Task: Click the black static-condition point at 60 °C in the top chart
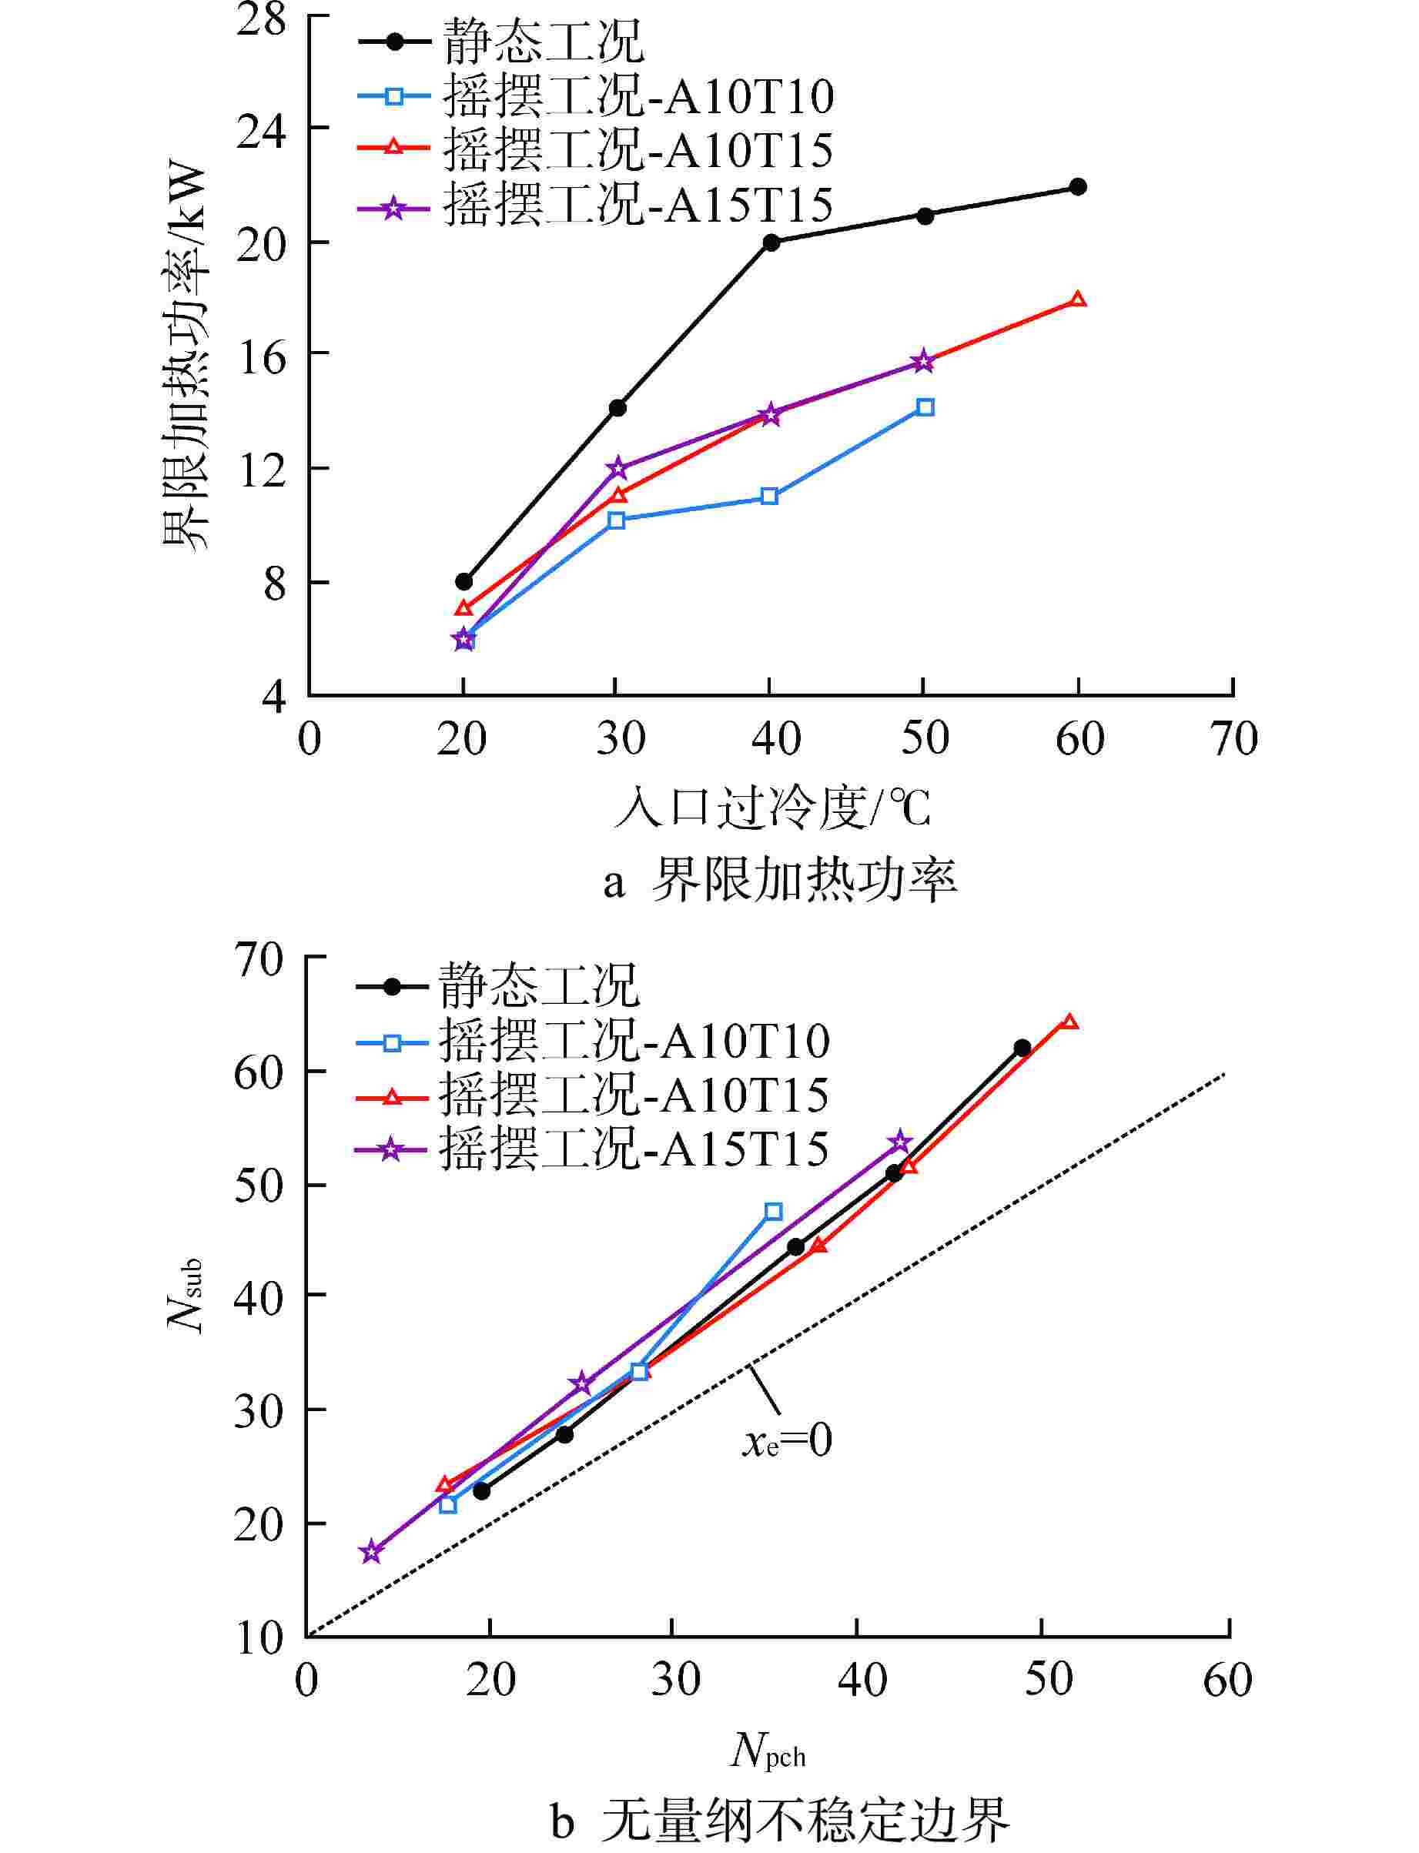[x=1078, y=186]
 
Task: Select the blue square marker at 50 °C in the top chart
[x=925, y=407]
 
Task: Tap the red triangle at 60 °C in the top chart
[x=1078, y=299]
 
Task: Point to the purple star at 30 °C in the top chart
[x=617, y=467]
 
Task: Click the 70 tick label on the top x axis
[x=1234, y=738]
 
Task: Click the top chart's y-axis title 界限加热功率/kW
[x=185, y=355]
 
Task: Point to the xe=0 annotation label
[x=787, y=1441]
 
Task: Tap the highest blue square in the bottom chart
[x=773, y=1212]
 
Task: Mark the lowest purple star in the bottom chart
[x=371, y=1552]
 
